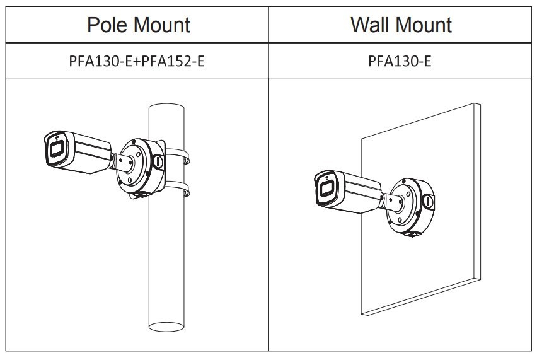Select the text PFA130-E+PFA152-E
[137, 61]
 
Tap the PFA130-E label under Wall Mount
[400, 61]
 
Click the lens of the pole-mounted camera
[56, 149]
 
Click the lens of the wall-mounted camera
[326, 189]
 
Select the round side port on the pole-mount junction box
[158, 161]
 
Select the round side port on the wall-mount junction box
[428, 201]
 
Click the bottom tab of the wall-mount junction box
[412, 234]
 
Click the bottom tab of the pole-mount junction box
[141, 195]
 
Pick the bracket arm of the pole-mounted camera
[123, 163]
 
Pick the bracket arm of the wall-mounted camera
[393, 202]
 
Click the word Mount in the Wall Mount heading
[425, 25]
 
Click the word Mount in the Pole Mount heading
[162, 25]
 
